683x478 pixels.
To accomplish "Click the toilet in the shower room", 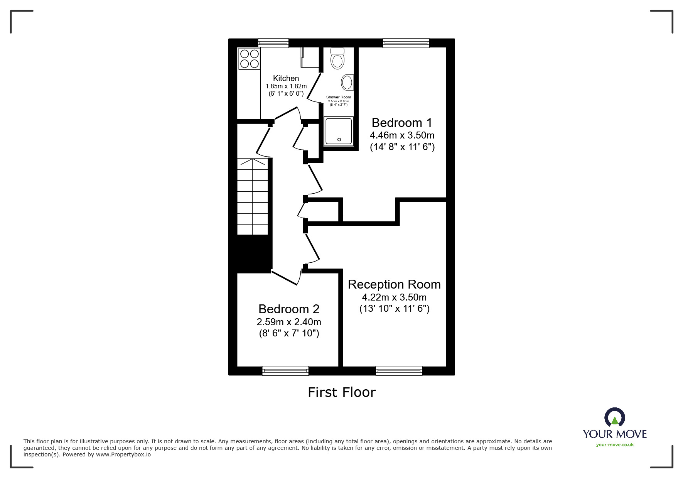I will point(337,59).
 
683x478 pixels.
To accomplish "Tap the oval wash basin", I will point(347,83).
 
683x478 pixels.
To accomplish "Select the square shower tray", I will point(339,132).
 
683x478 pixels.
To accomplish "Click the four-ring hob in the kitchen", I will point(249,59).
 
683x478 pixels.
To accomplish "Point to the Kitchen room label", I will point(286,78).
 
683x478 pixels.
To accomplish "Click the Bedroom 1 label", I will point(402,123).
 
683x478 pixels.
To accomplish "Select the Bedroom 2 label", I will point(289,309).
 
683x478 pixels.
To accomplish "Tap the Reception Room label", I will point(394,284).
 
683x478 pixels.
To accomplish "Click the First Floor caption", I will point(342,392).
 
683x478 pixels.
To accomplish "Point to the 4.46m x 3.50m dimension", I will point(402,135).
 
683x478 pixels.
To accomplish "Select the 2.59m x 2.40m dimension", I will point(289,322).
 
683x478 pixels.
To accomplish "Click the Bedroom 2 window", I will point(285,371).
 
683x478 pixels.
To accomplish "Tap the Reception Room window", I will point(399,371).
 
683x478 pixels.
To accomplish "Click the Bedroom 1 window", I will point(406,43).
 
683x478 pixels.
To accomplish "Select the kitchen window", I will point(273,43).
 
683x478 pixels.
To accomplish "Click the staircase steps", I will point(253,197).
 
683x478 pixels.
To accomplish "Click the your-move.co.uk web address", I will point(615,445).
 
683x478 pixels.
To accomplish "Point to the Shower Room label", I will point(339,97).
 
